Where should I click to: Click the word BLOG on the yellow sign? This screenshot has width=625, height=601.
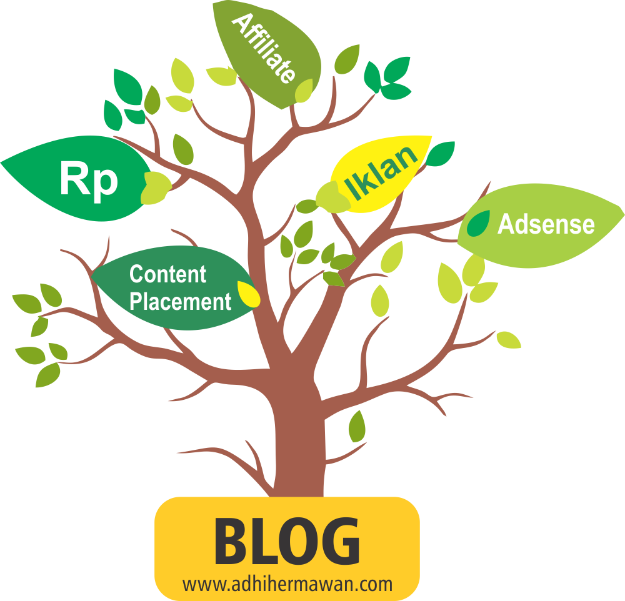(x=287, y=541)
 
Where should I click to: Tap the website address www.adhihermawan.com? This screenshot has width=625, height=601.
(x=287, y=584)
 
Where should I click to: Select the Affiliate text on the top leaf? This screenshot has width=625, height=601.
(x=264, y=48)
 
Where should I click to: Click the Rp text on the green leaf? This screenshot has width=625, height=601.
(x=89, y=180)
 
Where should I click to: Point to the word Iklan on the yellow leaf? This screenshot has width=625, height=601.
(x=381, y=172)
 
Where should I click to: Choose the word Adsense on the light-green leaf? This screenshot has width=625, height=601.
(x=546, y=224)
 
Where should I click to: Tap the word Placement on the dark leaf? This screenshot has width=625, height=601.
(x=181, y=301)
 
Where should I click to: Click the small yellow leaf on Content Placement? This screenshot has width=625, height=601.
(x=248, y=294)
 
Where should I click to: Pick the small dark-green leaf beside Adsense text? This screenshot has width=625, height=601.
(x=478, y=223)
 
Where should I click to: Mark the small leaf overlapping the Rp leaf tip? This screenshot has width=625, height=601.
(x=156, y=188)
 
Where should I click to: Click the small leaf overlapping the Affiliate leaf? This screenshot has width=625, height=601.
(x=304, y=91)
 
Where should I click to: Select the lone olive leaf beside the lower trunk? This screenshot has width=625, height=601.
(x=357, y=427)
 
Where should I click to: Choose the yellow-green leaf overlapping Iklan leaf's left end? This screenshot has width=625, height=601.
(x=332, y=197)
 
